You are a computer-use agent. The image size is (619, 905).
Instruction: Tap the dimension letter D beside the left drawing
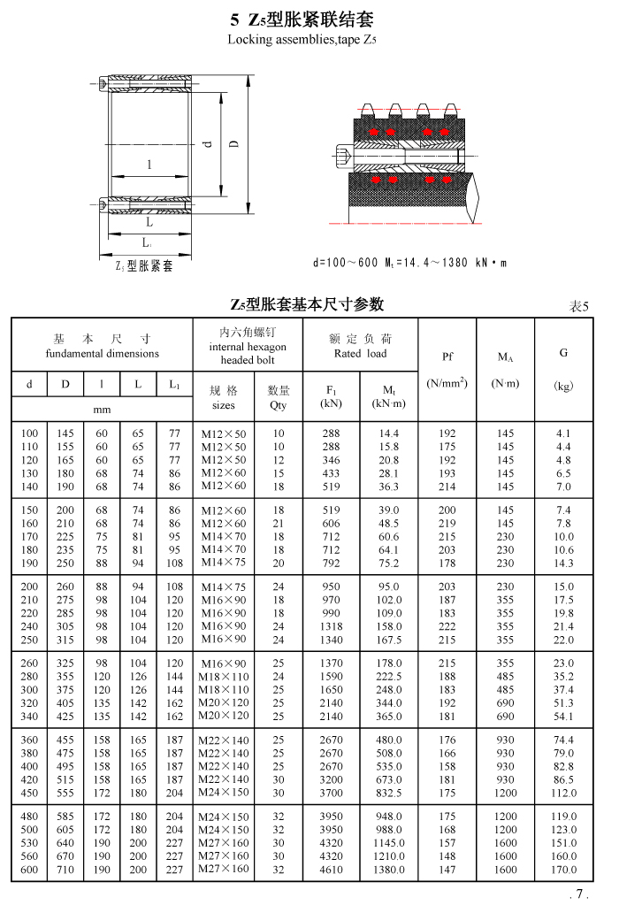[x=233, y=143]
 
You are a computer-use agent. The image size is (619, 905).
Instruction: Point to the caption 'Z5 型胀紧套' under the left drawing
[x=144, y=266]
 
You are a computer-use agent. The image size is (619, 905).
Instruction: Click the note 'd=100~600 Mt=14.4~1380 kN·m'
[x=410, y=263]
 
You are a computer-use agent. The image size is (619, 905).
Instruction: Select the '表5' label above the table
[x=578, y=306]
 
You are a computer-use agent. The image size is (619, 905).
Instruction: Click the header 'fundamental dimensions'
[x=103, y=354]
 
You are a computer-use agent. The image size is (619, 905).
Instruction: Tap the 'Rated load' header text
[x=360, y=354]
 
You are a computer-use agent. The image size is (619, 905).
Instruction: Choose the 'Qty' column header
[x=279, y=406]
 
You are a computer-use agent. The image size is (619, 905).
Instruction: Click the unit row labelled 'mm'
[x=103, y=410]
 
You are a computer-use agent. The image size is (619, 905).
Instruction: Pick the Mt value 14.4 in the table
[x=388, y=433]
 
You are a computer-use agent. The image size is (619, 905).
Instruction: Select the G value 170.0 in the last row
[x=563, y=870]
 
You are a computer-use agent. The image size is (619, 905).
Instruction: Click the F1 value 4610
[x=330, y=870]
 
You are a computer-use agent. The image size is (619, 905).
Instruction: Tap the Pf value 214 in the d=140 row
[x=447, y=487]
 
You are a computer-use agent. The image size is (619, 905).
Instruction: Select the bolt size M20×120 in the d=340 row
[x=224, y=716]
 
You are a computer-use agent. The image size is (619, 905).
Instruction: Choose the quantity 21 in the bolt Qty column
[x=279, y=524]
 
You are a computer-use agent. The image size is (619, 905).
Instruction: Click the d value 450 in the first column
[x=30, y=793]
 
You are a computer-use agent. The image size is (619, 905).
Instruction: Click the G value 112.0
[x=563, y=793]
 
